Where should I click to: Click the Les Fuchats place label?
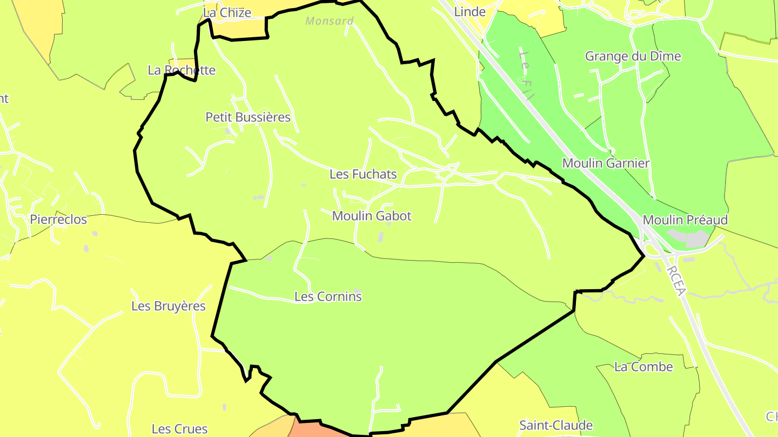[x=363, y=174]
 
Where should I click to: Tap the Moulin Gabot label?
[x=372, y=216]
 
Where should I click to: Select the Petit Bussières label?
[x=248, y=117]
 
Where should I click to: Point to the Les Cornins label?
[x=328, y=296]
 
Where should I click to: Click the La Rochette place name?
[x=182, y=70]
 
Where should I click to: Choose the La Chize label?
[x=227, y=12]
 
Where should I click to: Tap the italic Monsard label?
[x=330, y=22]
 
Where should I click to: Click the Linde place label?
[x=470, y=11]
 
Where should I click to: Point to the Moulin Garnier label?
[x=606, y=163]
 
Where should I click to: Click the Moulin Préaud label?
[x=685, y=220]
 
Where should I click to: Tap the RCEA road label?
[x=676, y=280]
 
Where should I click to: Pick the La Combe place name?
[x=643, y=367]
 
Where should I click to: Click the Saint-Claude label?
[x=556, y=425]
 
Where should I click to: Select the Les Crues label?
[x=179, y=429]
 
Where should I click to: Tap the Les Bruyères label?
[x=169, y=306]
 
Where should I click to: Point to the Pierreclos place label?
[x=58, y=220]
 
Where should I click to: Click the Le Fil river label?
[x=526, y=76]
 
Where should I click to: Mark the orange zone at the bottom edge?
[x=319, y=430]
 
